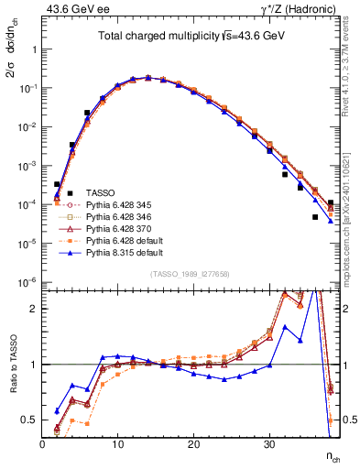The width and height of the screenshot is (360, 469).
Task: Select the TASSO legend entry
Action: tap(100, 192)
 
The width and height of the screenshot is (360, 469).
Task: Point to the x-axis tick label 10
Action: tap(118, 443)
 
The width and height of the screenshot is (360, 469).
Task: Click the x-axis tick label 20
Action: tap(193, 443)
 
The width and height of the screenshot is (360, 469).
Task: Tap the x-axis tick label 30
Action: tap(269, 443)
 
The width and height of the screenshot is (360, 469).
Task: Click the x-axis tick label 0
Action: tap(43, 443)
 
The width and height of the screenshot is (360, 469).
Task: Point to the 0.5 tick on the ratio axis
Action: tap(30, 420)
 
